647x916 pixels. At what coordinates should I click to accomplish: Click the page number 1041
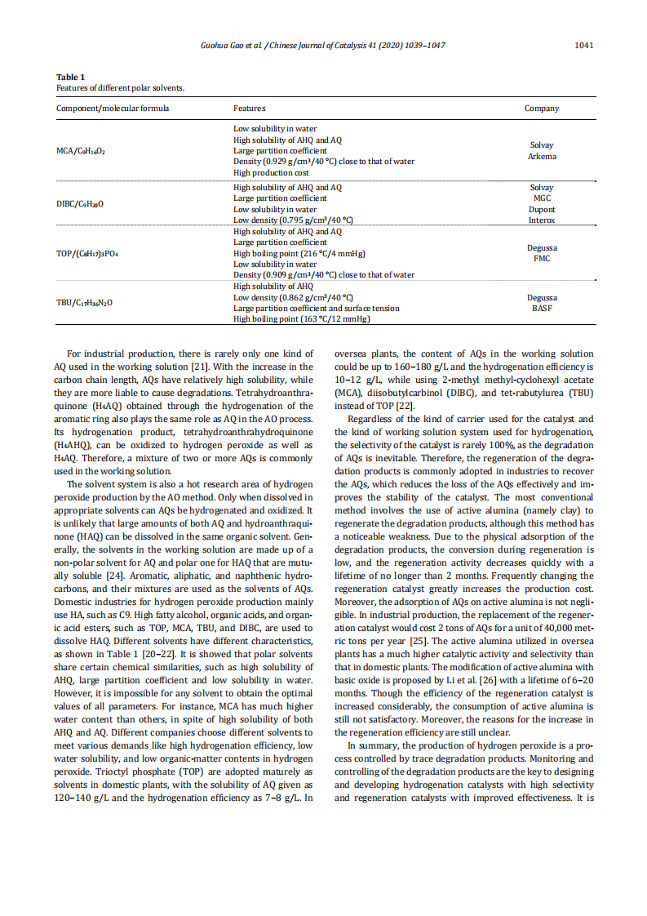[x=583, y=45]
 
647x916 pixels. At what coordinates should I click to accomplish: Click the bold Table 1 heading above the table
[x=70, y=77]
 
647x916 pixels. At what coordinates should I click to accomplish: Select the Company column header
[x=542, y=108]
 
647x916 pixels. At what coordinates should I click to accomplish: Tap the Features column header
[x=249, y=108]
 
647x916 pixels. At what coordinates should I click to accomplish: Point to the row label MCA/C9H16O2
[x=81, y=151]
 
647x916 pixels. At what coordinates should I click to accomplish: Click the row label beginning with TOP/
[x=87, y=253]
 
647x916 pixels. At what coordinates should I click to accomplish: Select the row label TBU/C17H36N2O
[x=84, y=303]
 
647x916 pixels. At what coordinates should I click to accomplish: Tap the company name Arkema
[x=542, y=156]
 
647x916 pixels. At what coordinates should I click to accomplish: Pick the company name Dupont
[x=542, y=209]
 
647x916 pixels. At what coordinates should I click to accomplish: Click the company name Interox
[x=542, y=220]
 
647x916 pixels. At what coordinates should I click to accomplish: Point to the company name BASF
[x=542, y=309]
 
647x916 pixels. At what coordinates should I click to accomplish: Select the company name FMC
[x=542, y=259]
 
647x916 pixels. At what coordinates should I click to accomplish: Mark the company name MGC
[x=542, y=198]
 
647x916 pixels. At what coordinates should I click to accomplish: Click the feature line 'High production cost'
[x=271, y=172]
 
